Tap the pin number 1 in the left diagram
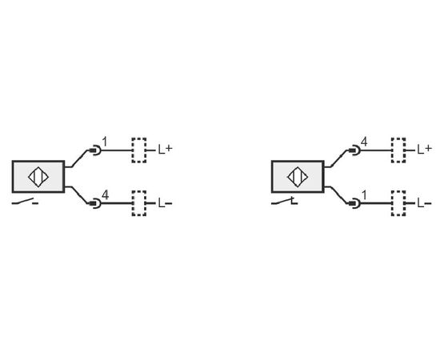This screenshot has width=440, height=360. (104, 142)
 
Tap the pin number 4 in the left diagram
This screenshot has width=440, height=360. (105, 194)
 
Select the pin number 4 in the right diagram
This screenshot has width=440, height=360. (364, 142)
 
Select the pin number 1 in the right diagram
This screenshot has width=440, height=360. (364, 194)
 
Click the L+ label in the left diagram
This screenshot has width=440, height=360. (165, 150)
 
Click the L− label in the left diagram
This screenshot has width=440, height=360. (165, 203)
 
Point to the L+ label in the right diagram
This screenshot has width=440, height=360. (424, 150)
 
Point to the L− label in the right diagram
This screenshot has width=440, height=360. (424, 203)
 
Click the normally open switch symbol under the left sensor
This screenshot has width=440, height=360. (25, 202)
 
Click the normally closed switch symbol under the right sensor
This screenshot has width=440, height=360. (284, 202)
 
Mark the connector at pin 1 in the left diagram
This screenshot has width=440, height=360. (95, 150)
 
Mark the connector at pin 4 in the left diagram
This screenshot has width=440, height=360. (95, 203)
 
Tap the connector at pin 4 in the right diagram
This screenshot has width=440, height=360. (355, 150)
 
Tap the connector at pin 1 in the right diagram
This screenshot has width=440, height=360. (355, 203)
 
